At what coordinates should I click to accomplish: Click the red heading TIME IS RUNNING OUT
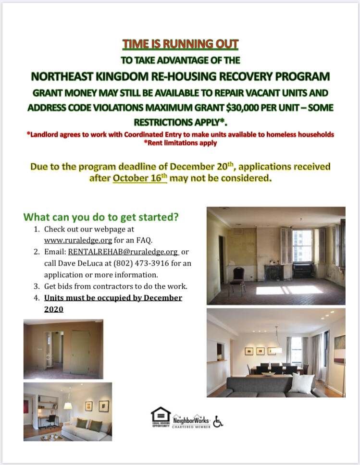[180, 44]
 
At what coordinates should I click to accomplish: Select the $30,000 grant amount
[242, 107]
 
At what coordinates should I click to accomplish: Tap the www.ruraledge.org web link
[78, 240]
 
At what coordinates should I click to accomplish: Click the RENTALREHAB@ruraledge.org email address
[123, 252]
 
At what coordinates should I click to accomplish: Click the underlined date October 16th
[140, 178]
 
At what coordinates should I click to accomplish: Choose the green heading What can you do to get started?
[101, 217]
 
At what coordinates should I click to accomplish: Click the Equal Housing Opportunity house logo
[161, 417]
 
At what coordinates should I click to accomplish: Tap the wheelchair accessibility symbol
[218, 421]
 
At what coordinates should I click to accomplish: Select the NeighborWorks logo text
[191, 420]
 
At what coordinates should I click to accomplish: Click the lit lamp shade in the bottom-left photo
[68, 406]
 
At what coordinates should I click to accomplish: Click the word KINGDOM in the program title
[122, 76]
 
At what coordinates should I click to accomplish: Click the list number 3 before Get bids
[37, 286]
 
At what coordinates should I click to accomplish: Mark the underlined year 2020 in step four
[54, 309]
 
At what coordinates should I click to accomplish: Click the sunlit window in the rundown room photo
[302, 246]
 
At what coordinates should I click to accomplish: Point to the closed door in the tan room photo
[80, 352]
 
